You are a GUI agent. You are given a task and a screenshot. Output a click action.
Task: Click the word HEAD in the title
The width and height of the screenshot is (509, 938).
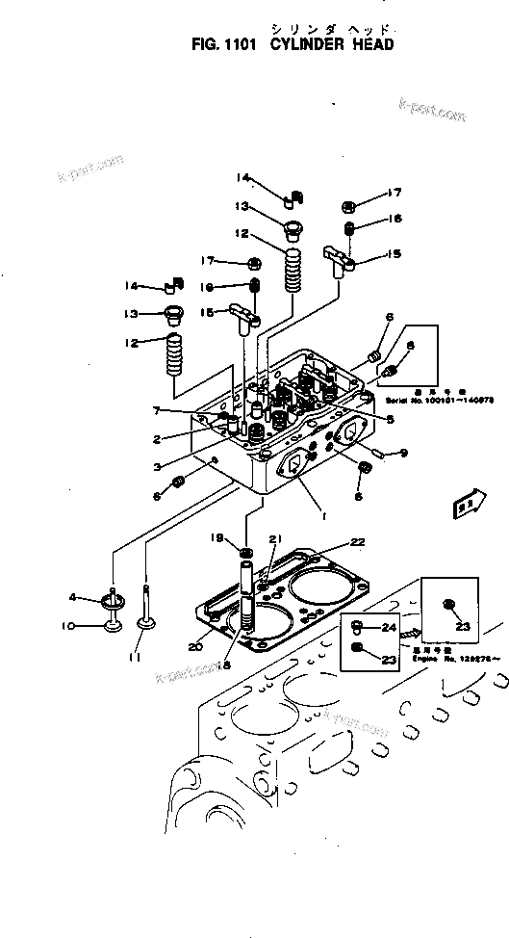pyautogui.click(x=370, y=44)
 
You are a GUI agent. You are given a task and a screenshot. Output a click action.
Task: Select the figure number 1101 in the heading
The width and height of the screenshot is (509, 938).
pyautogui.click(x=235, y=44)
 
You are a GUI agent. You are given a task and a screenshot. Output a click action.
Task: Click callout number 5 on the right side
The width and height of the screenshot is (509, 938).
pyautogui.click(x=391, y=418)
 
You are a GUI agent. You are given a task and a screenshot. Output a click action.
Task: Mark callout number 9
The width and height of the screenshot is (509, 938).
pyautogui.click(x=404, y=452)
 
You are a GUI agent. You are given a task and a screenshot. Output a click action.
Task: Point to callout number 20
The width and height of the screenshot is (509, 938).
pyautogui.click(x=195, y=646)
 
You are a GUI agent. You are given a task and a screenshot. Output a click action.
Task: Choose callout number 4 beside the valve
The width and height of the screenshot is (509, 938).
pyautogui.click(x=98, y=598)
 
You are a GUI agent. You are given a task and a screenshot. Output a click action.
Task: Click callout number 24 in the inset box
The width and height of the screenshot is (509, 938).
pyautogui.click(x=389, y=627)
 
